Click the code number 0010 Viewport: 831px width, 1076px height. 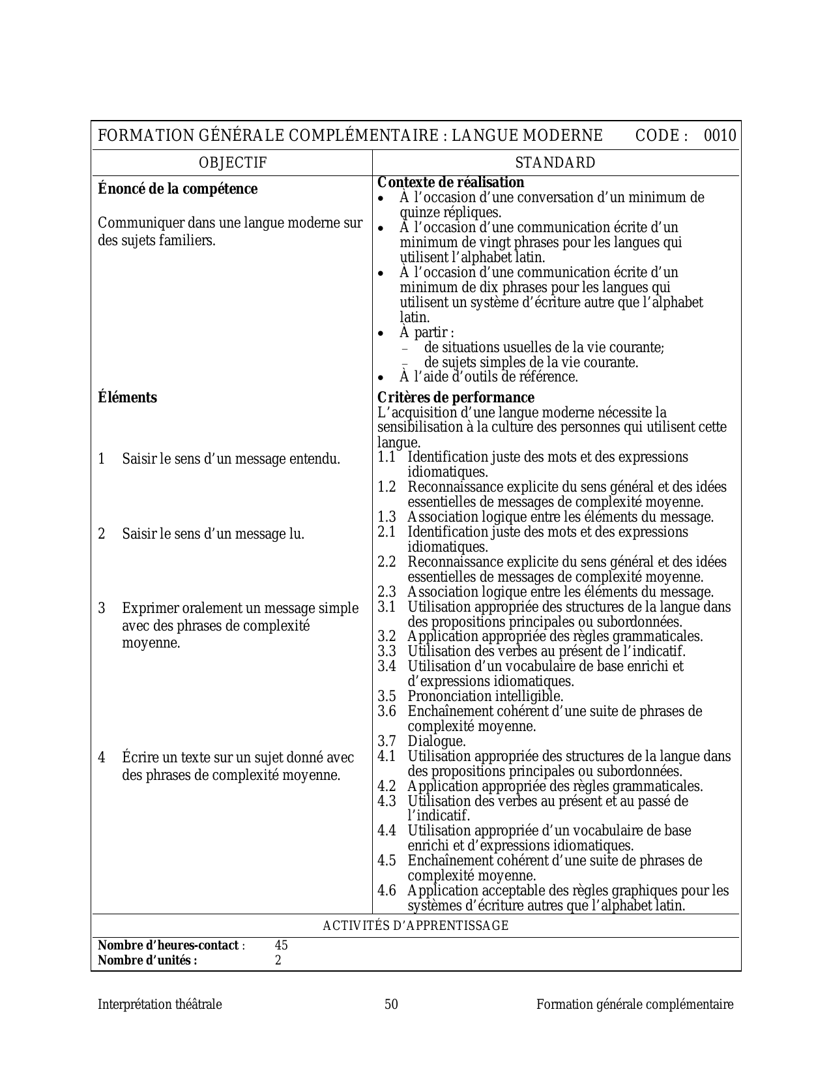pyautogui.click(x=720, y=136)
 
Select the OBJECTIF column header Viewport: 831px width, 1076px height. pyautogui.click(x=233, y=163)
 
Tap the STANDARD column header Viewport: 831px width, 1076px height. pyautogui.click(x=555, y=163)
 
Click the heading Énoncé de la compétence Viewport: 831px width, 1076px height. pyautogui.click(x=177, y=189)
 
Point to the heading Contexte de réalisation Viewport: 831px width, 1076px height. pyautogui.click(x=450, y=183)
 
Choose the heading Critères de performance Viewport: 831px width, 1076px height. pyautogui.click(x=456, y=398)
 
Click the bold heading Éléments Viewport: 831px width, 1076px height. pyautogui.click(x=127, y=398)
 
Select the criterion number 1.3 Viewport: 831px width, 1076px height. pyautogui.click(x=386, y=517)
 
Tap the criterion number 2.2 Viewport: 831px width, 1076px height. pyautogui.click(x=386, y=562)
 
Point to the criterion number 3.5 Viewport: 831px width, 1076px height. pyautogui.click(x=386, y=696)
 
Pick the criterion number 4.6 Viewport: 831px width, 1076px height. pyautogui.click(x=386, y=891)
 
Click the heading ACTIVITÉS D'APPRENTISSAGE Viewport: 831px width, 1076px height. pyautogui.click(x=416, y=926)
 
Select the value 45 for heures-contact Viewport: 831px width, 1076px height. pyautogui.click(x=281, y=946)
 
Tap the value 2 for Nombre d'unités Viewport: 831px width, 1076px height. pyautogui.click(x=278, y=960)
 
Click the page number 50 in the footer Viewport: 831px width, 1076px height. pyautogui.click(x=391, y=1005)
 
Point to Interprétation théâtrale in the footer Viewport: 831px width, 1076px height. pyautogui.click(x=160, y=1005)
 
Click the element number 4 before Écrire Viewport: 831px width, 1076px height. pyautogui.click(x=102, y=758)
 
